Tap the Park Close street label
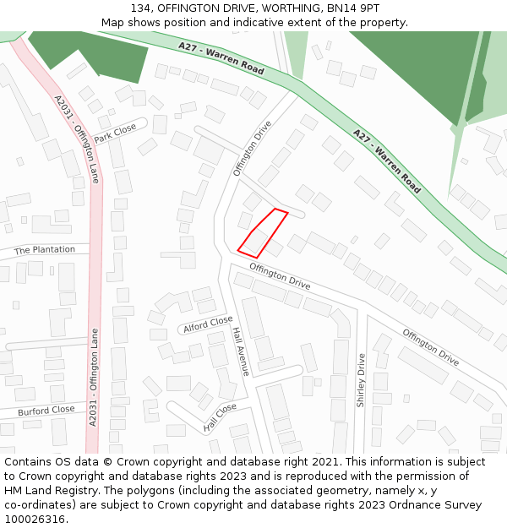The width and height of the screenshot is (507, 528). click(x=115, y=133)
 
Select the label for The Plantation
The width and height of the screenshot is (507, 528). click(x=45, y=250)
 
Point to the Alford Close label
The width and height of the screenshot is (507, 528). click(x=208, y=324)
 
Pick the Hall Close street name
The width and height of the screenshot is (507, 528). click(x=221, y=417)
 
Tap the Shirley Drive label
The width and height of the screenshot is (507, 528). click(x=361, y=380)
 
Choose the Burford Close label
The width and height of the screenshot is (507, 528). click(x=46, y=411)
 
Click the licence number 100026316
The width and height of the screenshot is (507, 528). click(x=35, y=520)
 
